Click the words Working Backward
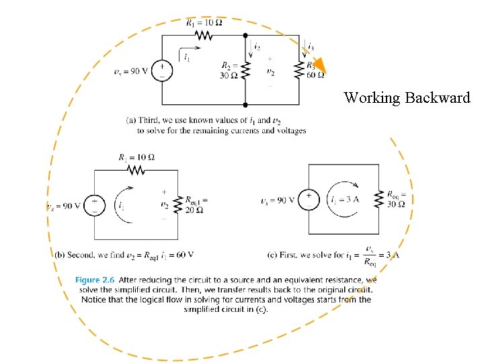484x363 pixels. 407,98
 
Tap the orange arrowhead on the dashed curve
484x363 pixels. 319,65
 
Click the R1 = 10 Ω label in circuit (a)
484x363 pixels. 204,22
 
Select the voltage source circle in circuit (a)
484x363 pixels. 161,70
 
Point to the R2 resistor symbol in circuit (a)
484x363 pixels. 245,70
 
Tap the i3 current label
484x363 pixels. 310,47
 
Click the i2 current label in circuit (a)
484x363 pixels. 257,47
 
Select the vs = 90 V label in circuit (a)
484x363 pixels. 131,71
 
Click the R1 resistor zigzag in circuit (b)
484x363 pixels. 136,171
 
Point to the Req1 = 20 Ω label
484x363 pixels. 196,204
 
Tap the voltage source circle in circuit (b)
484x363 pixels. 94,204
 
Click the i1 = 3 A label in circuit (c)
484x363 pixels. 344,200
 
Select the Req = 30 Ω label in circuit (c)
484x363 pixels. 396,200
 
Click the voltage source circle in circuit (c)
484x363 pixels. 308,200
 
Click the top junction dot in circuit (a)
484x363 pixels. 245,35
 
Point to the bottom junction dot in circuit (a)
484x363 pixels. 245,105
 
